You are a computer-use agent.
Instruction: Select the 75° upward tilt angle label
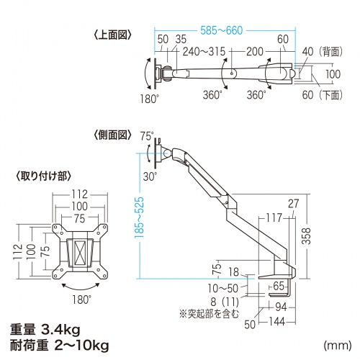[148, 134]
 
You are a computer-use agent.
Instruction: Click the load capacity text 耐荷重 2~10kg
[60, 346]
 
